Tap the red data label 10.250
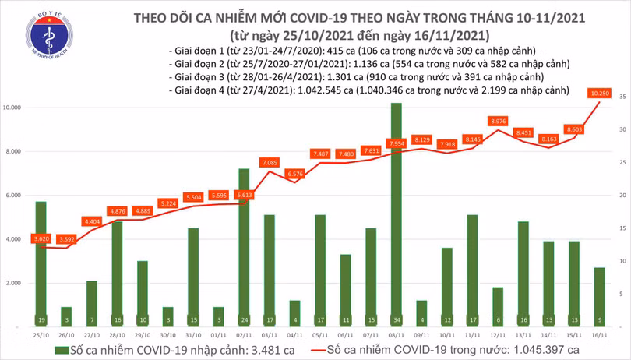click(x=599, y=94)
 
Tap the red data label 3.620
click(x=41, y=238)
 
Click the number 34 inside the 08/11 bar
click(x=397, y=319)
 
